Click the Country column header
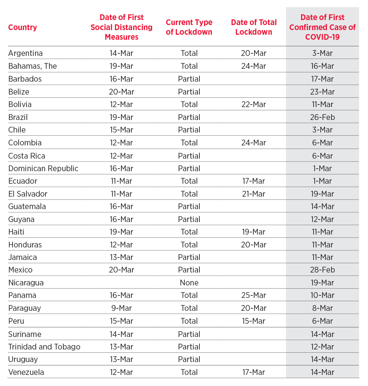point(23,27)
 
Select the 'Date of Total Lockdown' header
point(254,27)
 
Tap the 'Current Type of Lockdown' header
point(189,27)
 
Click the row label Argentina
point(25,53)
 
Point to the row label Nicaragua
point(26,283)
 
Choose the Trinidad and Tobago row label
point(44,347)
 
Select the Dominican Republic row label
point(43,169)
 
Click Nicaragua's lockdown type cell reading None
point(189,283)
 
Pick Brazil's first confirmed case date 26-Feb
point(322,117)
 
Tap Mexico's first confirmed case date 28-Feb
point(322,270)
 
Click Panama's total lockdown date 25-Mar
point(253,295)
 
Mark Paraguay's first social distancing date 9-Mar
point(121,308)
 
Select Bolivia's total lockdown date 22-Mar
point(253,105)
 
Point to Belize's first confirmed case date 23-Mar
point(322,92)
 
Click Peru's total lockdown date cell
point(253,321)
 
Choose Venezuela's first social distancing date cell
point(121,372)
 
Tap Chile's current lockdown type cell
point(189,130)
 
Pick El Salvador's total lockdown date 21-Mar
point(253,194)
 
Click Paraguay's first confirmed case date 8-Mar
point(322,308)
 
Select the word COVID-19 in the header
point(322,37)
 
